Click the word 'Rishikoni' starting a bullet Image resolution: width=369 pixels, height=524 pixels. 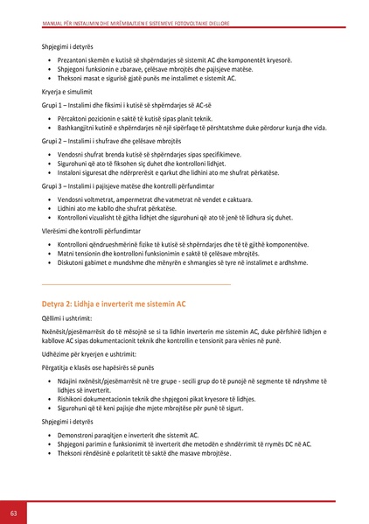pos(73,398)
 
